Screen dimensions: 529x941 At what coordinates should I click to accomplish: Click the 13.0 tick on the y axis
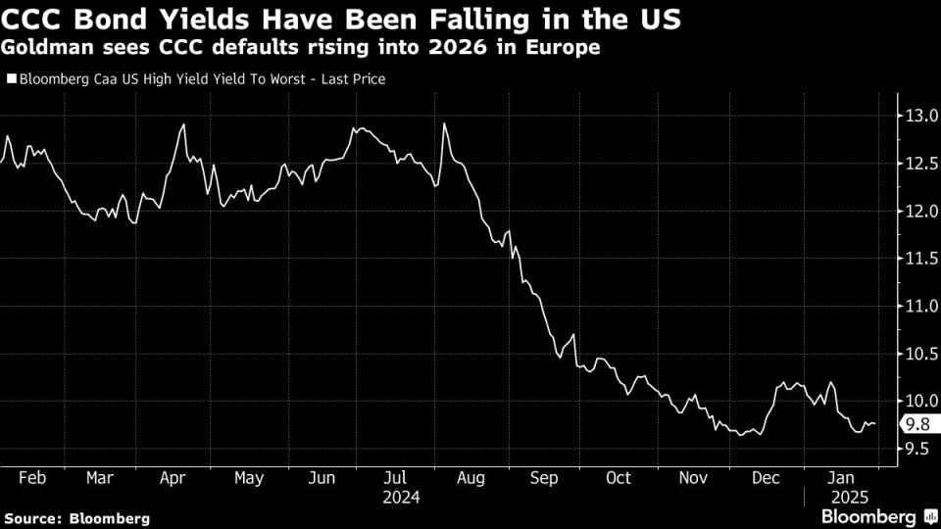[922, 116]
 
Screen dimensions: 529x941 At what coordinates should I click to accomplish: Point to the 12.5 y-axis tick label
[922, 164]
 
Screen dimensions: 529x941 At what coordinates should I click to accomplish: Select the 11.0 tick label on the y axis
[922, 307]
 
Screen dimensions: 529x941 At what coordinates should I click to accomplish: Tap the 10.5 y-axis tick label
[922, 355]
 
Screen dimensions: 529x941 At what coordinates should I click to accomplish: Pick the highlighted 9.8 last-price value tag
[920, 424]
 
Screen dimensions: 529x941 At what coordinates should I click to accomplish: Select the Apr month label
[173, 478]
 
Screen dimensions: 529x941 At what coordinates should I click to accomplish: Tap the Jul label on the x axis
[396, 478]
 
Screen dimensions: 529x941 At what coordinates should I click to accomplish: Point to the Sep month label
[544, 478]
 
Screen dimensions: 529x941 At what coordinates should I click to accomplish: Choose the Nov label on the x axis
[693, 478]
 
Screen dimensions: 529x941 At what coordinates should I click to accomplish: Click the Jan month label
[840, 478]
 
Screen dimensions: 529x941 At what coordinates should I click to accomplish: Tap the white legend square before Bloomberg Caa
[11, 79]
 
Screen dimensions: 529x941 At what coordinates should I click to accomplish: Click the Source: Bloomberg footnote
[76, 517]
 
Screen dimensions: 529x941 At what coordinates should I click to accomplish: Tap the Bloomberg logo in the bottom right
[875, 515]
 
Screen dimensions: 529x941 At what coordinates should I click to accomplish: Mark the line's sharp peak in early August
[445, 124]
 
